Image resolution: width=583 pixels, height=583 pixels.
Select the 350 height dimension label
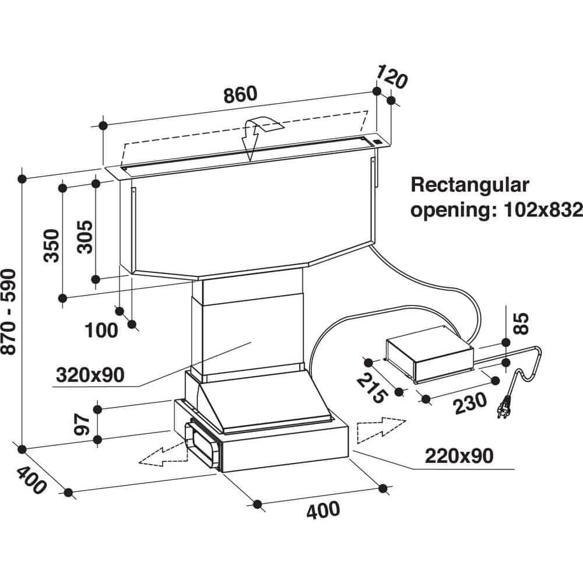(51, 245)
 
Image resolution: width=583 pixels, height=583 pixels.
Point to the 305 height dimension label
(85, 236)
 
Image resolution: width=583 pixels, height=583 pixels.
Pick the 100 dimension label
(101, 331)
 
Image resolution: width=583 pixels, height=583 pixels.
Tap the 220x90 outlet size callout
(459, 455)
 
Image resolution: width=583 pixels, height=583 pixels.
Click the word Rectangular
(470, 185)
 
